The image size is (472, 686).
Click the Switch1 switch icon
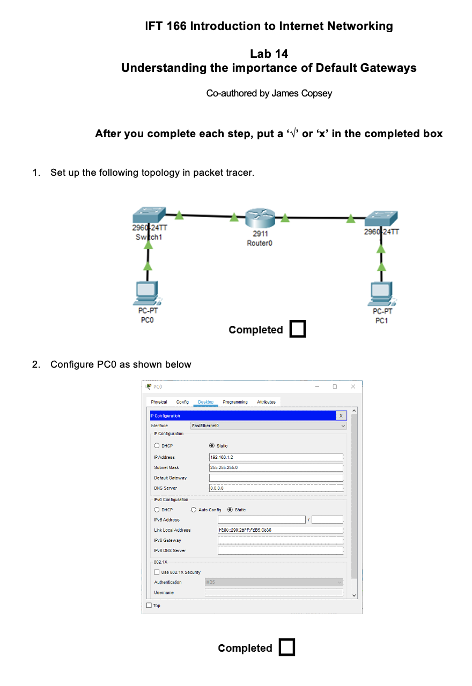pos(149,215)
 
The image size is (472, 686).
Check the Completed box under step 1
pos(297,329)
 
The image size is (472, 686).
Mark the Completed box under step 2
pos(287,647)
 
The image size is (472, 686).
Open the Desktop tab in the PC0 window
pos(205,402)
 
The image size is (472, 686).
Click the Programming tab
pos(235,402)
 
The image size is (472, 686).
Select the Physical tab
pos(159,402)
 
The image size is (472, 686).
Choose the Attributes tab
pos(266,402)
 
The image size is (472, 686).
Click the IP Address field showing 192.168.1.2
pos(276,457)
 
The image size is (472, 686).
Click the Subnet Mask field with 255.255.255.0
pos(276,467)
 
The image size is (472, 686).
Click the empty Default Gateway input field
pos(276,478)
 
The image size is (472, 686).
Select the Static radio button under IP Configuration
pos(212,446)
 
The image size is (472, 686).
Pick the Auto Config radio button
pos(194,510)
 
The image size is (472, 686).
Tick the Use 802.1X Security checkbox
pos(157,572)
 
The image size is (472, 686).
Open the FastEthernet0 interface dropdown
pos(268,426)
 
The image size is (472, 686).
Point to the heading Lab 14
pos(269,54)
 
